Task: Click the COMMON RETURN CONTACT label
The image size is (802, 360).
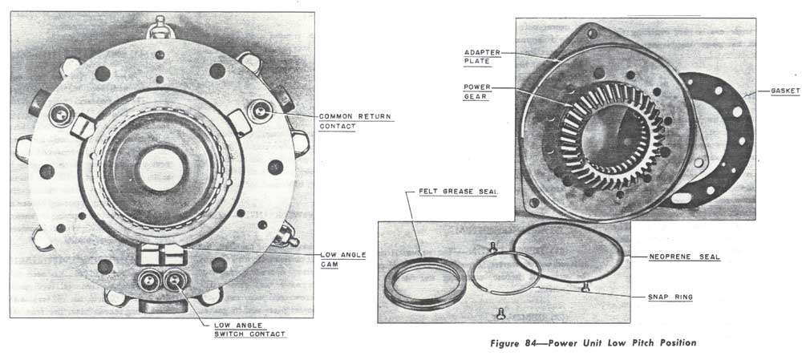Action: click(355, 121)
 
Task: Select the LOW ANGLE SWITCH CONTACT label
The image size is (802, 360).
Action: click(249, 330)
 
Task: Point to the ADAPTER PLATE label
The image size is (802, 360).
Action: click(482, 57)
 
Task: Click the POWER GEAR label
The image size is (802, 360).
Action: click(477, 91)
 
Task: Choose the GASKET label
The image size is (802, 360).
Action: click(786, 91)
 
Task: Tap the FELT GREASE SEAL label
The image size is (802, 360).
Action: click(459, 192)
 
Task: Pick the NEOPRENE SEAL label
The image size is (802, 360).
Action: click(684, 257)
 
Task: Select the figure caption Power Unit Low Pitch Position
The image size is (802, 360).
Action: click(622, 342)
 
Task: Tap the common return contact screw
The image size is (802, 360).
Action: click(261, 111)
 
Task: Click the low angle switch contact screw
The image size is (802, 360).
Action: click(176, 281)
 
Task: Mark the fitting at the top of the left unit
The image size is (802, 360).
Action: click(160, 26)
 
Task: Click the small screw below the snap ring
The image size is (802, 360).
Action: click(500, 313)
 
